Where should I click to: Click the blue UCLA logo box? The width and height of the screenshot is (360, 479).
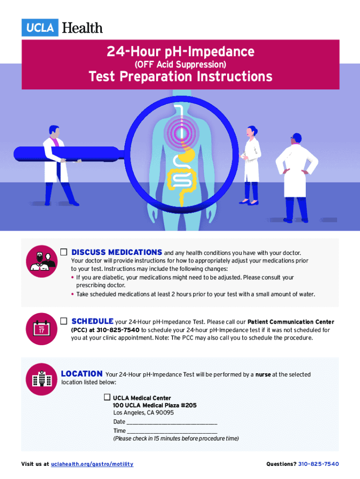(40, 28)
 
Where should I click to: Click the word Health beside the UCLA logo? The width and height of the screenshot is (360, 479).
(82, 28)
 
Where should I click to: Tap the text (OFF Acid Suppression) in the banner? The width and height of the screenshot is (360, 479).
(180, 65)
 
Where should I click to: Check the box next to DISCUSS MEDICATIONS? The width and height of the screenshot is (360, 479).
(64, 252)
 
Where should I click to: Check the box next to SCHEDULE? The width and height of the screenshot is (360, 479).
(64, 321)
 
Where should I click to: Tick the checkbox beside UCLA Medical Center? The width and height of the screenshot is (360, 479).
(107, 397)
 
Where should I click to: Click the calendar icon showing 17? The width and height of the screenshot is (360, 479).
(42, 329)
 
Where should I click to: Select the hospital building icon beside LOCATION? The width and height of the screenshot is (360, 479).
(42, 379)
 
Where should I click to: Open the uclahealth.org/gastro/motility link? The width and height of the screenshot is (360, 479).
(92, 464)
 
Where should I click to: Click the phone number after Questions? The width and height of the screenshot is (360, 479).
(318, 464)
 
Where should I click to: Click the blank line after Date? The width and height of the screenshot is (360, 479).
(172, 424)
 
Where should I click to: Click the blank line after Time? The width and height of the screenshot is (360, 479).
(172, 433)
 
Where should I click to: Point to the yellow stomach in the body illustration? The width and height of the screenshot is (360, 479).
(187, 155)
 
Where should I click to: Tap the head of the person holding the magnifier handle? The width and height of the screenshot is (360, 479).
(54, 131)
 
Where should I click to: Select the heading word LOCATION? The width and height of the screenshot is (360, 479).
(82, 374)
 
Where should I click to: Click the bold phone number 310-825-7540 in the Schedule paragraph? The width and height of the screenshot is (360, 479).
(118, 330)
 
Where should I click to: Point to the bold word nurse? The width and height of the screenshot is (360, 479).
(263, 375)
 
